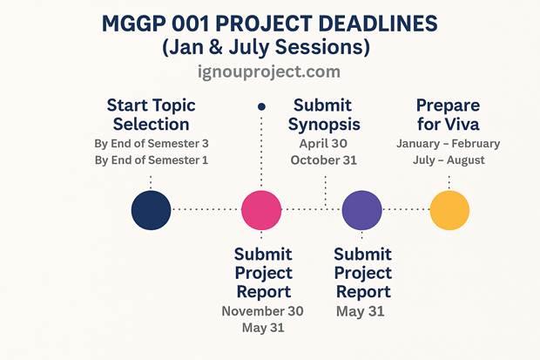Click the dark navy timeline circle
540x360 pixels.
151,210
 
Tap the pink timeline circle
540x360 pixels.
261,210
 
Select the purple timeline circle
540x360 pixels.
361,210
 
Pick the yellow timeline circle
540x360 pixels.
449,210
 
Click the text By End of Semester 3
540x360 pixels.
151,143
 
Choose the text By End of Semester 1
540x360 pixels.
151,160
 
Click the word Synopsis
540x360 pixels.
324,124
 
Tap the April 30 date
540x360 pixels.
324,143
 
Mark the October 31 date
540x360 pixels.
324,160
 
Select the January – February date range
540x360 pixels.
449,143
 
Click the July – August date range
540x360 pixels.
449,160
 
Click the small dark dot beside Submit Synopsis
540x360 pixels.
261,105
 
